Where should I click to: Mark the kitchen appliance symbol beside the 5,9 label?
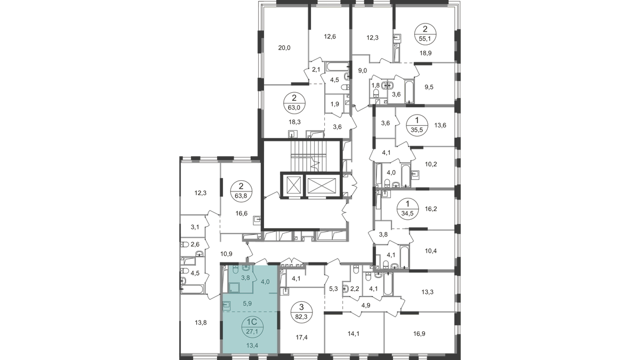tap(226, 306)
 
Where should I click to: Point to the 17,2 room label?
tap(301, 337)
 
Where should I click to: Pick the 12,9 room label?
tap(331, 38)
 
